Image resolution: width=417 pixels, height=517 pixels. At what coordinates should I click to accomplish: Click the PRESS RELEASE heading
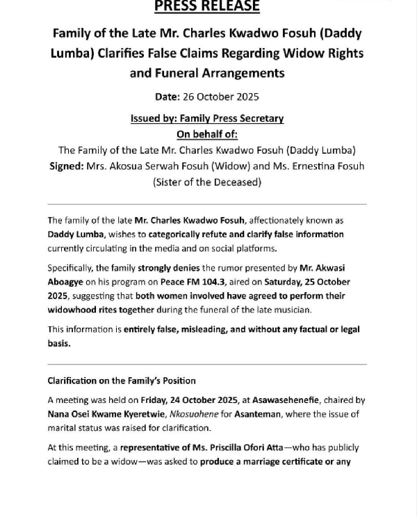(x=206, y=7)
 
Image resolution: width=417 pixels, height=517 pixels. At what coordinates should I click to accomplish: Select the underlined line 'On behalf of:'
(x=206, y=134)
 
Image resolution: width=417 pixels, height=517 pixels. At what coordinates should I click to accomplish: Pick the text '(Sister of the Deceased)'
(x=206, y=182)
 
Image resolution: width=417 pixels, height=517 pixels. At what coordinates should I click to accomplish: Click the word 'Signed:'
(x=66, y=166)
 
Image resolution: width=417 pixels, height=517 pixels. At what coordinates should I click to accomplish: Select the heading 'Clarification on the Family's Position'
(x=122, y=381)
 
